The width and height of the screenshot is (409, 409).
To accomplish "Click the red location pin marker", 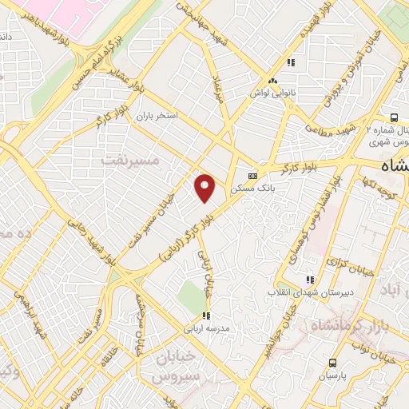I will click(206, 188).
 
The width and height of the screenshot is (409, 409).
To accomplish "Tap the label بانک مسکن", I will click(248, 189).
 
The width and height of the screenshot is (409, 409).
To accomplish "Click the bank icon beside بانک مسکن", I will click(253, 176).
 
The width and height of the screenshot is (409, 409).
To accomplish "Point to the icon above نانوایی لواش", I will click(273, 81).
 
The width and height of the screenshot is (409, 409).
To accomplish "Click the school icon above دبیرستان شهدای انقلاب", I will click(309, 280).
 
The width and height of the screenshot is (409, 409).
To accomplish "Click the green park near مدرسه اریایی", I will click(192, 297).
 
